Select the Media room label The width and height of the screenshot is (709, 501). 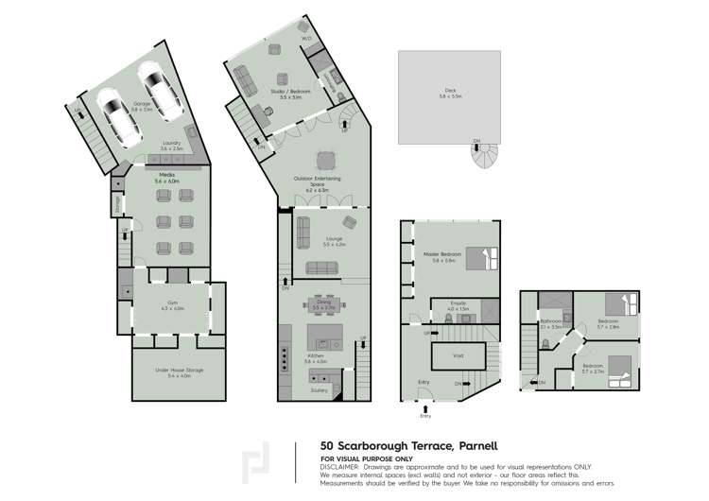click(166, 177)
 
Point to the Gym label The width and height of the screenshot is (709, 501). click(172, 304)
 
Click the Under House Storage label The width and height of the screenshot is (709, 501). click(179, 372)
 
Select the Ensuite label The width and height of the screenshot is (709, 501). click(458, 306)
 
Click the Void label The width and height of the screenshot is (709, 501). click(458, 355)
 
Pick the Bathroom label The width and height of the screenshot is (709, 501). click(551, 322)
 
